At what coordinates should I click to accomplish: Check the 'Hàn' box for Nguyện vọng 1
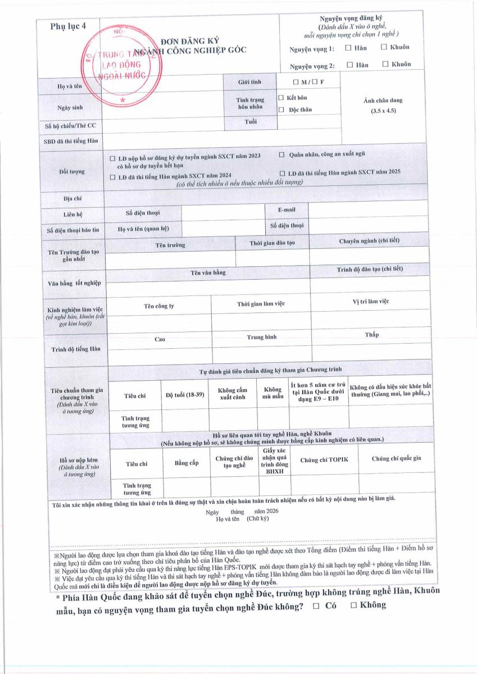click(x=348, y=48)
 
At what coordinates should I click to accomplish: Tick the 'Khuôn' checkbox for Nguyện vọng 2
click(x=385, y=64)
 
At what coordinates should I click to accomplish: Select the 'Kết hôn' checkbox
click(x=281, y=98)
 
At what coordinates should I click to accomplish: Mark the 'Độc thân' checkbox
click(x=281, y=110)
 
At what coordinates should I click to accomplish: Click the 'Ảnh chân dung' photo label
click(x=383, y=101)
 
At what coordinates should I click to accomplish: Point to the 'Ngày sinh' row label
click(x=70, y=107)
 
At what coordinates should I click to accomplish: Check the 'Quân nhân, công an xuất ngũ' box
click(x=282, y=154)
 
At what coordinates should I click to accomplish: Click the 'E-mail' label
click(x=287, y=210)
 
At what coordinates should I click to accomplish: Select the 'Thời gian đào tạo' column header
click(x=272, y=243)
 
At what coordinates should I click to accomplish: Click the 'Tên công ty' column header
click(x=159, y=306)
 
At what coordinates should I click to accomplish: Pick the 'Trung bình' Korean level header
click(x=262, y=337)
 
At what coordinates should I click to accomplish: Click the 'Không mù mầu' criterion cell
click(x=272, y=393)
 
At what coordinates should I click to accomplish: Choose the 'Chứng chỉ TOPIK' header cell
click(x=324, y=460)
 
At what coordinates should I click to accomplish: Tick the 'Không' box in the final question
click(x=354, y=605)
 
